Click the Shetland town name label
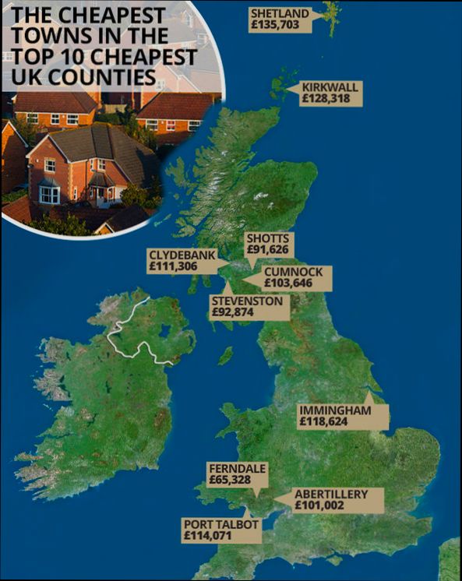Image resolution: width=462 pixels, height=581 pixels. coord(280,13)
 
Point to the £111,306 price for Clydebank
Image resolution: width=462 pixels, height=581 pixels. coord(173,266)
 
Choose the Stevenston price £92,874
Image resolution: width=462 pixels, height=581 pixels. coord(238,312)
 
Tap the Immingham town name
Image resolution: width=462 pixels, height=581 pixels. coord(333,410)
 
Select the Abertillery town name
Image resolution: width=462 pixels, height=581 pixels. coord(330,494)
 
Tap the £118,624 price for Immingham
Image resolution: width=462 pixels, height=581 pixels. coord(323,421)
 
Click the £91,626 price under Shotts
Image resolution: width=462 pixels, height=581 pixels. coord(269,250)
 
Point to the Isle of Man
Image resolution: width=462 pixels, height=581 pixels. coord(225,356)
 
